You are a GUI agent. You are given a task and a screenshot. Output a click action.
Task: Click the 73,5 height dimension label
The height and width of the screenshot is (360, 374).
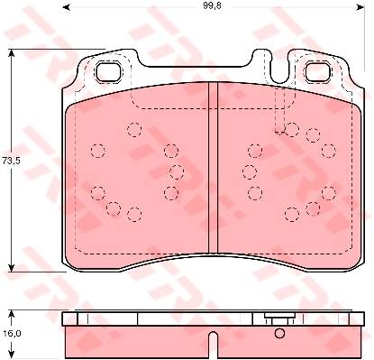pos(11,161)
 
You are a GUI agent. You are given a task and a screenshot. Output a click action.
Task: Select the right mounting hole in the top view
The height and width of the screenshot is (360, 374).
pos(318,72)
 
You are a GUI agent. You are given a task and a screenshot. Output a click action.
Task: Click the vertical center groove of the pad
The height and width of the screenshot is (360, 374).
pos(213,169)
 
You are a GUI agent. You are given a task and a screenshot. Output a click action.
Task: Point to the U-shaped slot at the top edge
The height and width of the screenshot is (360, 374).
pos(279,68)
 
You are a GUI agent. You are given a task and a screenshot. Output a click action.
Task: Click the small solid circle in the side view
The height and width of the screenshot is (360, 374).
pos(279,333)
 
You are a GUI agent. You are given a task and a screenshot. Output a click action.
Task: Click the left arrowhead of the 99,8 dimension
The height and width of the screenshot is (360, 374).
pos(67,6)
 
